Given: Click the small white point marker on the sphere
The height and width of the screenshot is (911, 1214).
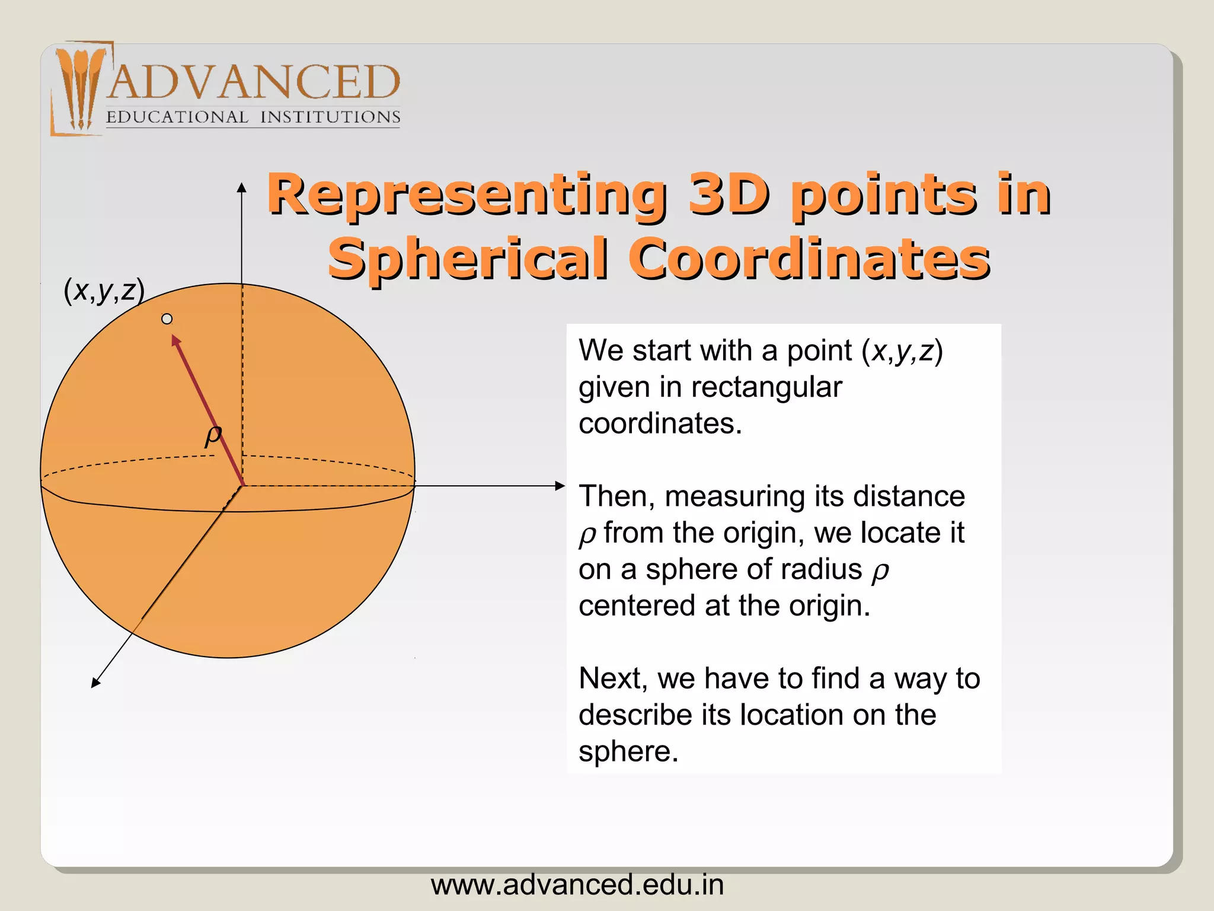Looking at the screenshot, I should [167, 319].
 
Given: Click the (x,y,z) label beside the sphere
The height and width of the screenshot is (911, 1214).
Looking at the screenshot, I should [104, 291].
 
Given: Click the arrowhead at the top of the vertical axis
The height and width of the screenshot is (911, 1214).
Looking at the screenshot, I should [241, 187].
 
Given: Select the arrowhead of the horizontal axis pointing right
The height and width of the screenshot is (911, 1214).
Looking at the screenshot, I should [560, 486].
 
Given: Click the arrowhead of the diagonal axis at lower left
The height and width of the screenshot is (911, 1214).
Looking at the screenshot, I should [95, 683].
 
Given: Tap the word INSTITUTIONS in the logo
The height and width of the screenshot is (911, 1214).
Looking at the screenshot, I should [330, 117].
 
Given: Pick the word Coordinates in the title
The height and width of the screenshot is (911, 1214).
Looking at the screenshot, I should [809, 259].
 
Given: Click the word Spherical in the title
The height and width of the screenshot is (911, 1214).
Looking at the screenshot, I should [468, 259].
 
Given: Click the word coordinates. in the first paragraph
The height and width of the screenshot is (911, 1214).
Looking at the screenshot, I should [660, 423].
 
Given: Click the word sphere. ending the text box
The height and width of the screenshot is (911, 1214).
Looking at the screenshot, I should [628, 751].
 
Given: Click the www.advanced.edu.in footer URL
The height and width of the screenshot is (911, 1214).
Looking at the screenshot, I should [577, 885].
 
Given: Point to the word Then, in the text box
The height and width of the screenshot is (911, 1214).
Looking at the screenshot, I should [616, 496].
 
